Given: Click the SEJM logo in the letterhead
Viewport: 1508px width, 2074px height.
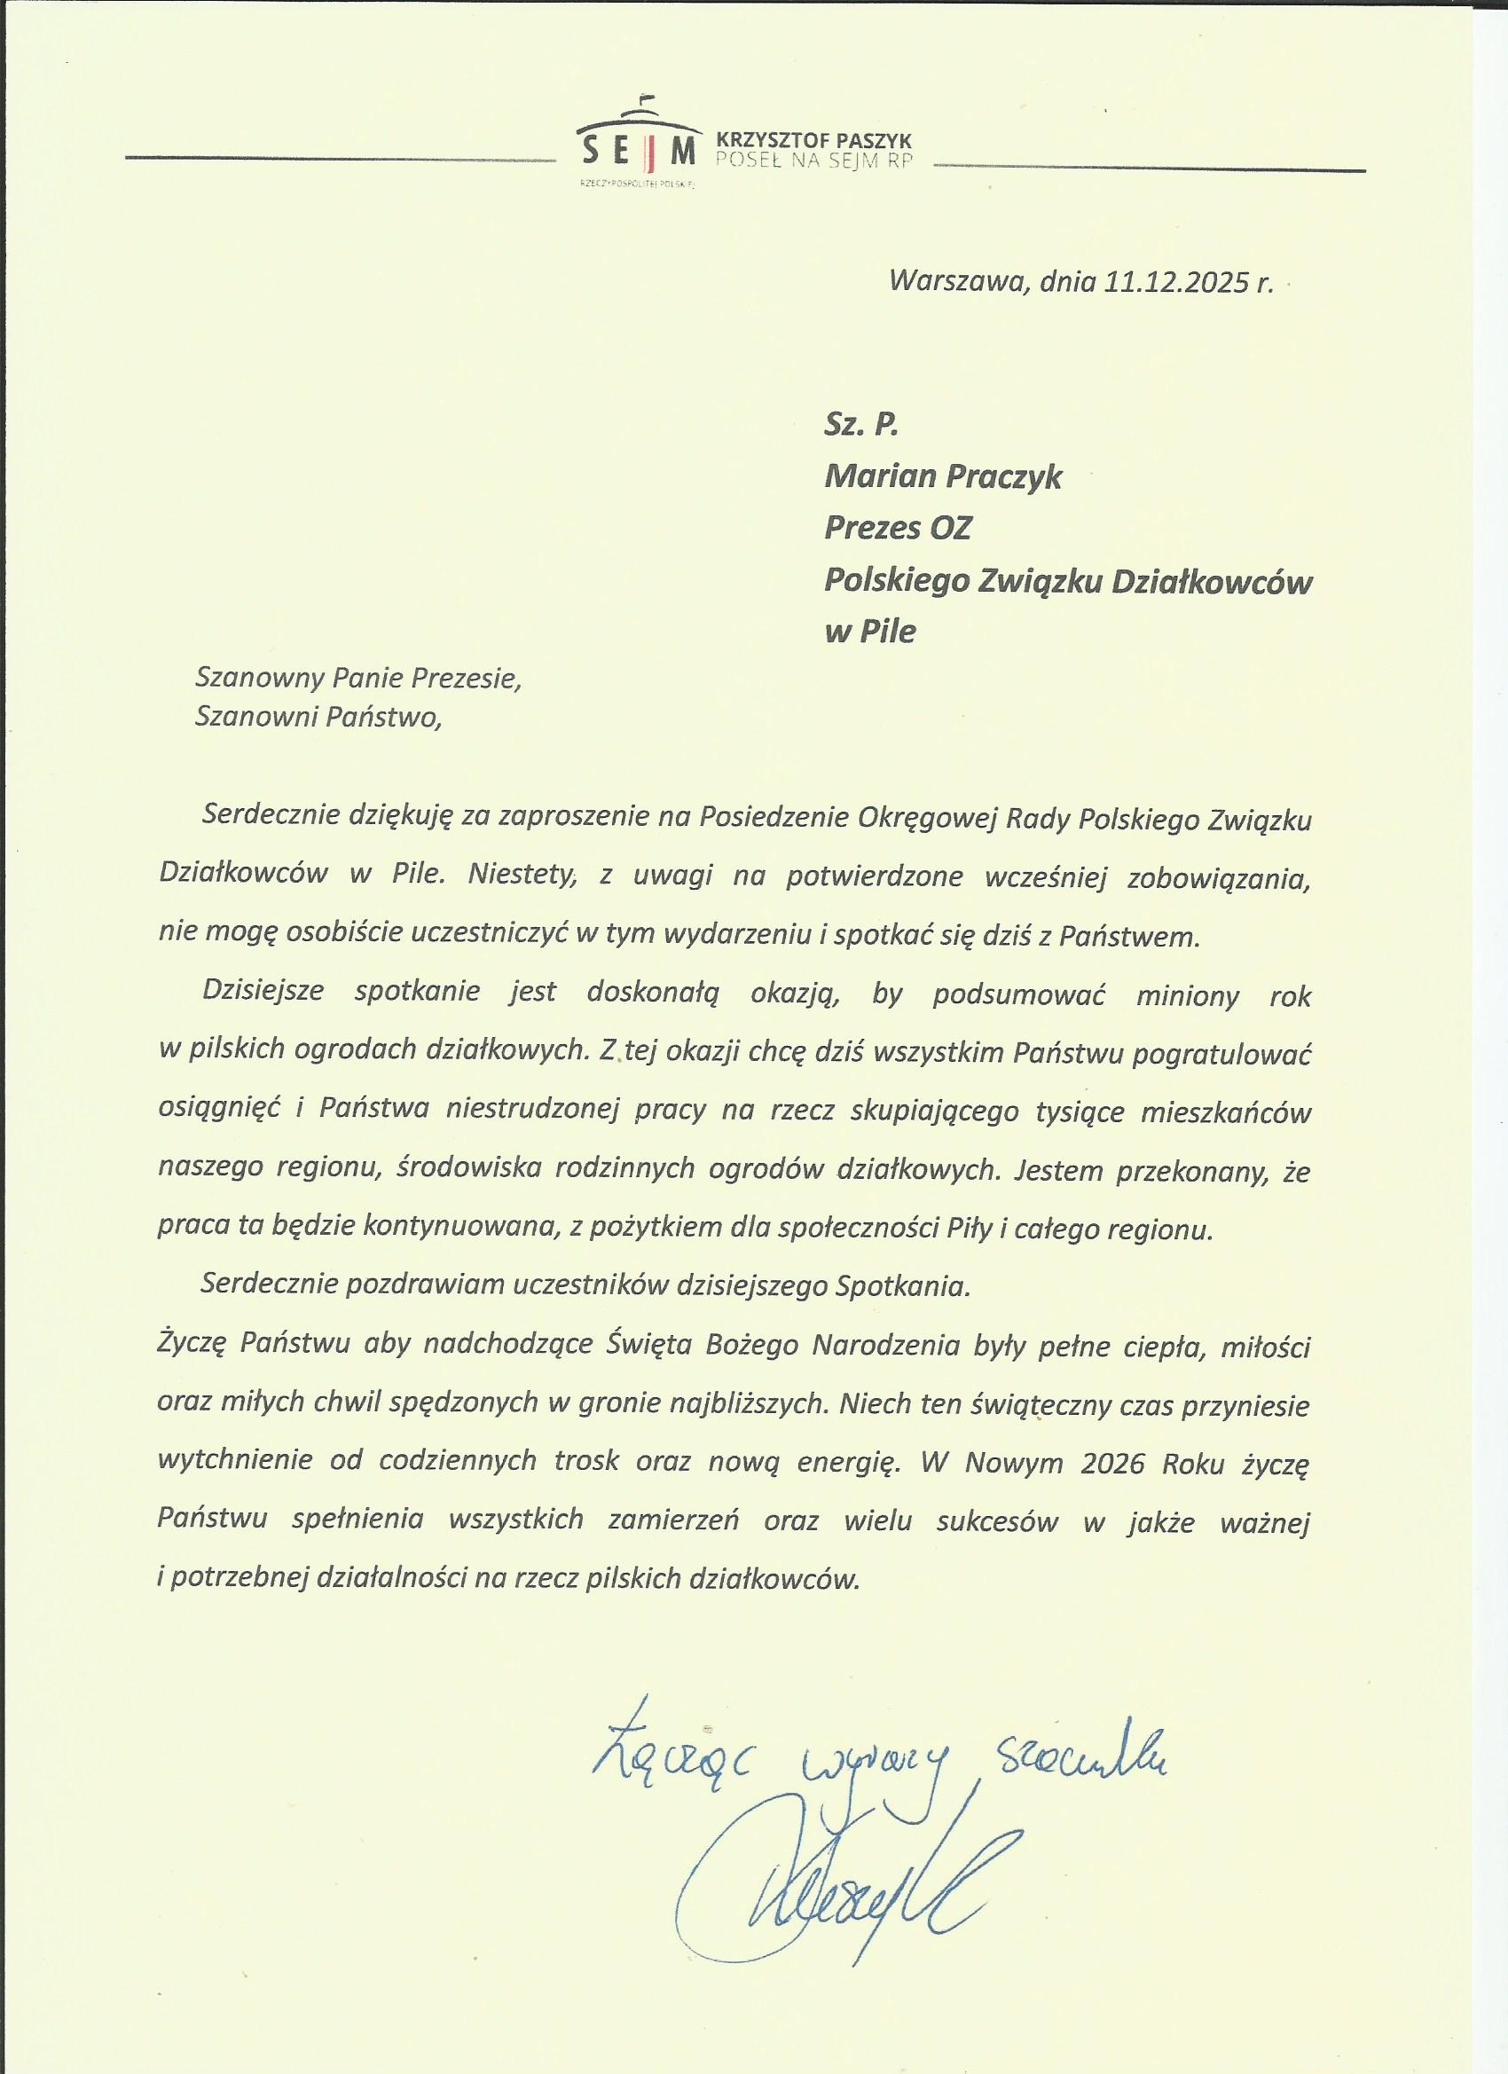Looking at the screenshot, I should (x=635, y=145).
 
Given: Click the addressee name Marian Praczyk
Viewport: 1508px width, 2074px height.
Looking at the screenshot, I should (x=943, y=476).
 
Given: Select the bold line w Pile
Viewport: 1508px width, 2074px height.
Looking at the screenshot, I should (x=869, y=632).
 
